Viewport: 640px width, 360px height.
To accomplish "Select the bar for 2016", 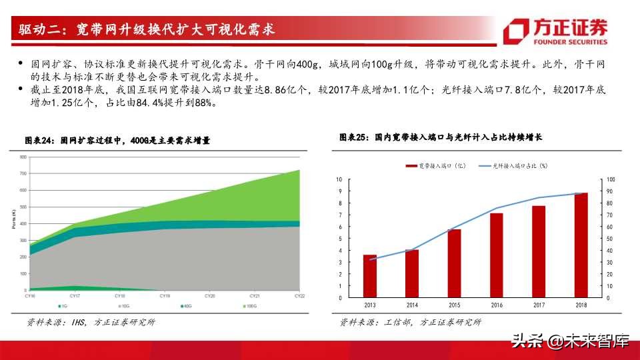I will pos(496,255).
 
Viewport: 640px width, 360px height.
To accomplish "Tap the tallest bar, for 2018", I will pos(580,245).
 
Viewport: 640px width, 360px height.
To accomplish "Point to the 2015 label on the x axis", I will pos(454,305).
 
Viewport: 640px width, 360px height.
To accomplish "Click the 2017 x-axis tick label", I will pos(538,305).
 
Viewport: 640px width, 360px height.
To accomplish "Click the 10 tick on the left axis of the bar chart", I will pos(339,179).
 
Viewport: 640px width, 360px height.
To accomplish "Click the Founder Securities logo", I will pos(556,31).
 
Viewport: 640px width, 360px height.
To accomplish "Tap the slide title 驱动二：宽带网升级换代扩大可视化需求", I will pos(147,30).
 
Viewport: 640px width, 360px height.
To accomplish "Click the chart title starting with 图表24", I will pos(117,141).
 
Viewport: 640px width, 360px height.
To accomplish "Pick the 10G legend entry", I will pos(124,305).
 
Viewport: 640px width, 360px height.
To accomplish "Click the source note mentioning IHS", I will pos(91,323).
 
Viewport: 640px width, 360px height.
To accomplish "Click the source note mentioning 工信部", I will pos(409,323).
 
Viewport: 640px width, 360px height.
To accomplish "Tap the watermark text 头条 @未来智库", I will pos(569,342).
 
